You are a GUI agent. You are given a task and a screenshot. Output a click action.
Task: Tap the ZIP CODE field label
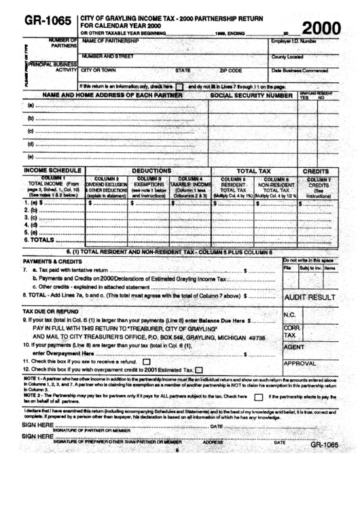coord(231,70)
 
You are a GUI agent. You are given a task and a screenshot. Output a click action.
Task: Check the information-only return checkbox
coord(179,87)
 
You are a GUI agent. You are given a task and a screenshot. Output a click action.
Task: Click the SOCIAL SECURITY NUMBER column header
coord(251,96)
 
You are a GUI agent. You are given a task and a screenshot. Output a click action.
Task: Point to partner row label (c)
coord(31,131)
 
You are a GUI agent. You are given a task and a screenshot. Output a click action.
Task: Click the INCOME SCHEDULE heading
coord(48,171)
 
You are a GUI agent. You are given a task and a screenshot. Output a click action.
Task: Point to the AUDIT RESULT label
coord(310,298)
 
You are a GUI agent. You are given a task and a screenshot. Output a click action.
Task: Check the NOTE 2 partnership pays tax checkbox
coord(258,397)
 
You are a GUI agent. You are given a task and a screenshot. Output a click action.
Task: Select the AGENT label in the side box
coord(293,347)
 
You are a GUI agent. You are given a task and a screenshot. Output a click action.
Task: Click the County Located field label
coord(287,57)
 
